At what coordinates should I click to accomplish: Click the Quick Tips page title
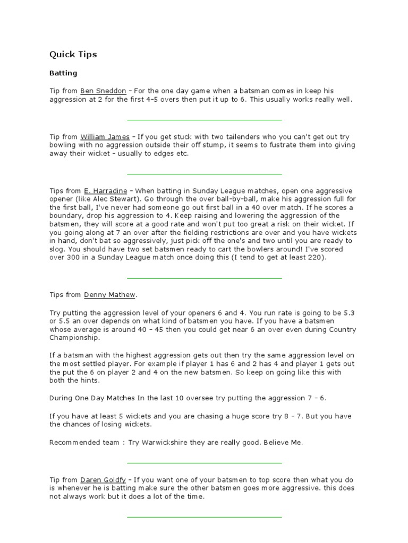point(73,55)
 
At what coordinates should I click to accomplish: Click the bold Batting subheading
point(63,73)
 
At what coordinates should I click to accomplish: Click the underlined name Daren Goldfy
point(103,479)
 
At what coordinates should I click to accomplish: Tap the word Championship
point(74,338)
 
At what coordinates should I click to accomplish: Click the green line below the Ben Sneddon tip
point(204,120)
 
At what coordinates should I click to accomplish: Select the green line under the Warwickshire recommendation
point(204,462)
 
